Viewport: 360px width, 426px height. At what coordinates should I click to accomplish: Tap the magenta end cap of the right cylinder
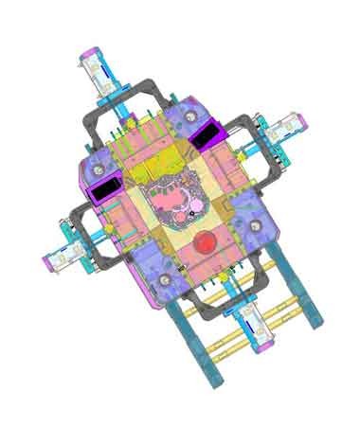[302, 120]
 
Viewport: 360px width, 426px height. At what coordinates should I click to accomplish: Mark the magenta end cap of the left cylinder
[45, 264]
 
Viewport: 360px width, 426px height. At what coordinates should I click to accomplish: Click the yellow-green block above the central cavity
[151, 169]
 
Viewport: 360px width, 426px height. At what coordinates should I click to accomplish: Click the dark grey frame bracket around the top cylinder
[142, 90]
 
